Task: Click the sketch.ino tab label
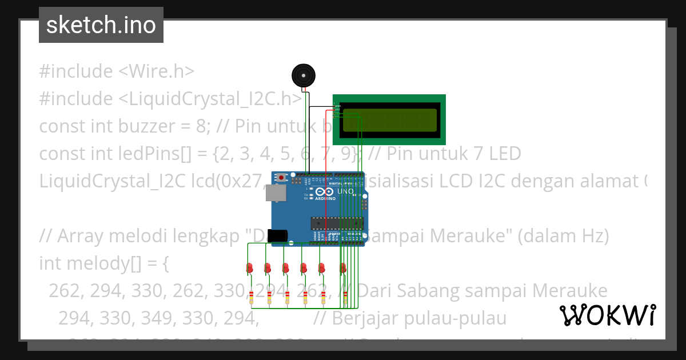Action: point(101,25)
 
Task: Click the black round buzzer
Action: point(303,75)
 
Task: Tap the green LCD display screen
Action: point(389,119)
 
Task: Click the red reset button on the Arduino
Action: point(281,178)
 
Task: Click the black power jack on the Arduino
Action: point(278,235)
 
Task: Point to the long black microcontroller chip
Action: point(336,222)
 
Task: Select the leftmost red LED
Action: point(250,267)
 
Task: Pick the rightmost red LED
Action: point(343,267)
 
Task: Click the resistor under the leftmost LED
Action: point(251,297)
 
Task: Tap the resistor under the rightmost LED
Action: point(342,297)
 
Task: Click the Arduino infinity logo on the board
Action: point(324,191)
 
